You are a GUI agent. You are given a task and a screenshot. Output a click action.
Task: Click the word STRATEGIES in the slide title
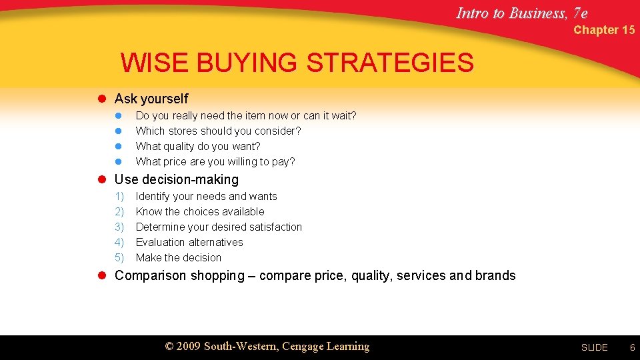point(390,63)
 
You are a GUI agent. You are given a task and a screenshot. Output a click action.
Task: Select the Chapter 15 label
point(604,30)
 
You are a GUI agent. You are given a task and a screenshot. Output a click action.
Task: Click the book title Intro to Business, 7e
point(522,13)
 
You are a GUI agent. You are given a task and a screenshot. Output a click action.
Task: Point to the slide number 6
point(633,347)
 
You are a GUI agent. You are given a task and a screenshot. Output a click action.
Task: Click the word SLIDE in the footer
point(594,347)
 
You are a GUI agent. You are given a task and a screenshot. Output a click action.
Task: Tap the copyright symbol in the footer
point(169,347)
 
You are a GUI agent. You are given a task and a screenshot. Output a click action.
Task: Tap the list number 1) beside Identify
point(119,197)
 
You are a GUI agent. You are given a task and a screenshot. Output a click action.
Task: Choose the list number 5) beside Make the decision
point(119,258)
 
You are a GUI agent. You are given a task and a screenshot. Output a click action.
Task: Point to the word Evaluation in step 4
point(160,243)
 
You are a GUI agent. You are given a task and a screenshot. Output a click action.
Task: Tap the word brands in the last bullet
point(495,276)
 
